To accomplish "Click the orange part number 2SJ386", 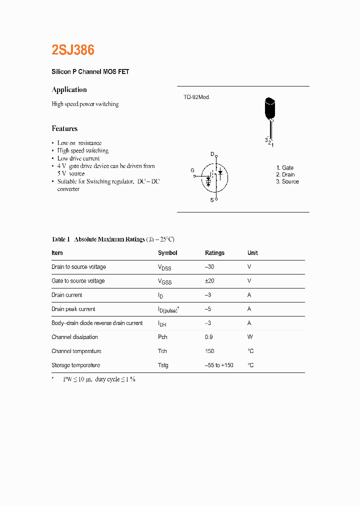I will pyautogui.click(x=73, y=50).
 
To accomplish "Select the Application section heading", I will pyautogui.click(x=69, y=89).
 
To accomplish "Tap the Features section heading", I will pyautogui.click(x=64, y=128).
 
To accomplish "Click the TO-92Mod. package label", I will pyautogui.click(x=196, y=97).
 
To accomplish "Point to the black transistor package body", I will pyautogui.click(x=270, y=108).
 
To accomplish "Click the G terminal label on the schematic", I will pyautogui.click(x=192, y=170).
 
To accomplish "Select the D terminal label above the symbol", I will pyautogui.click(x=212, y=154).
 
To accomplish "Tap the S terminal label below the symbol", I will pyautogui.click(x=211, y=200).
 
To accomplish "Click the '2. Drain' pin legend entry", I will pyautogui.click(x=285, y=174).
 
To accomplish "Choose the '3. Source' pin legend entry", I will pyautogui.click(x=287, y=181).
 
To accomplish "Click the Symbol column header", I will pyautogui.click(x=167, y=253).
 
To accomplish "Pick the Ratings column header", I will pyautogui.click(x=214, y=253).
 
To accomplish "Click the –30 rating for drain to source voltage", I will pyautogui.click(x=209, y=267).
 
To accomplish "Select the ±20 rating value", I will pyautogui.click(x=209, y=281).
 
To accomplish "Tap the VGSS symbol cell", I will pyautogui.click(x=164, y=281).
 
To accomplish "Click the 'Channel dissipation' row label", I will pyautogui.click(x=74, y=337).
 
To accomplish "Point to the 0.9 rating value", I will pyautogui.click(x=209, y=337).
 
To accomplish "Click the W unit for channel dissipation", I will pyautogui.click(x=249, y=337).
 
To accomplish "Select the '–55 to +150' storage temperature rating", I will pyautogui.click(x=219, y=365).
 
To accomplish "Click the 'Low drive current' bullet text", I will pyautogui.click(x=78, y=158).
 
